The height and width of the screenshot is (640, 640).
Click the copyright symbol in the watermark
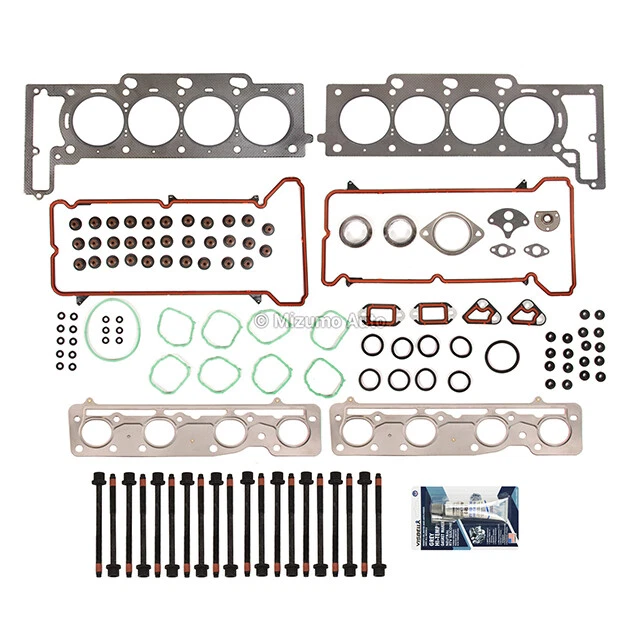tap(263, 320)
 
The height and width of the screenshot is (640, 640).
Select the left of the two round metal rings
tap(355, 232)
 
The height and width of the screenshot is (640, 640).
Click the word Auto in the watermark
tap(355, 320)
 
